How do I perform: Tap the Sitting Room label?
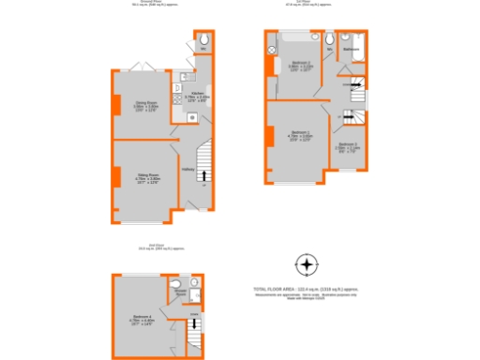pyautogui.click(x=142, y=176)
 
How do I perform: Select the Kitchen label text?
pyautogui.click(x=198, y=94)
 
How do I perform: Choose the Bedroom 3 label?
pyautogui.click(x=348, y=144)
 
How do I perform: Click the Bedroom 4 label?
pyautogui.click(x=141, y=321)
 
